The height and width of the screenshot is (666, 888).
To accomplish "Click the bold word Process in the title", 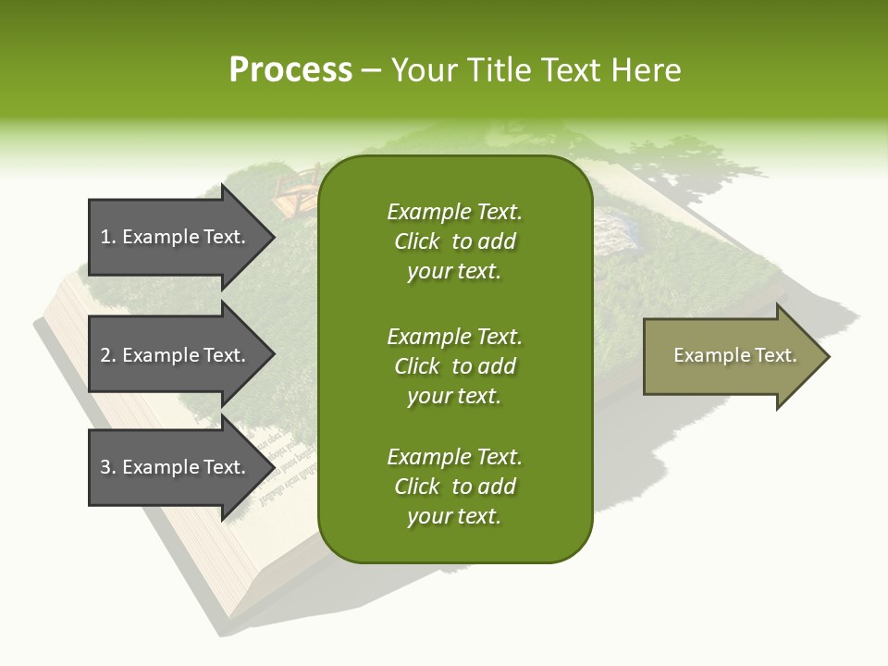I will click(x=290, y=70).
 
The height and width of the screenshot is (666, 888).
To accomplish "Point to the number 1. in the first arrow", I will click(x=108, y=237).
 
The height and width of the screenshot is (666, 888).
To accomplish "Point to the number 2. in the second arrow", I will click(x=108, y=355).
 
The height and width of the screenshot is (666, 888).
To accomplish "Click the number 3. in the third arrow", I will click(x=108, y=467).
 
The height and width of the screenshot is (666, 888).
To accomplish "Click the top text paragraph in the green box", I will click(x=454, y=241).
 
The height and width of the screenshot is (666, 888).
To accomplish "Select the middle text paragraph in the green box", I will click(x=454, y=366).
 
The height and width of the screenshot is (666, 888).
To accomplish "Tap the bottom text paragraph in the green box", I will click(x=454, y=487).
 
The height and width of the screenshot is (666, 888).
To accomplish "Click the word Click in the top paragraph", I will click(x=416, y=241).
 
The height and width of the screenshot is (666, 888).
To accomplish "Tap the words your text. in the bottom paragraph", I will click(x=454, y=516).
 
